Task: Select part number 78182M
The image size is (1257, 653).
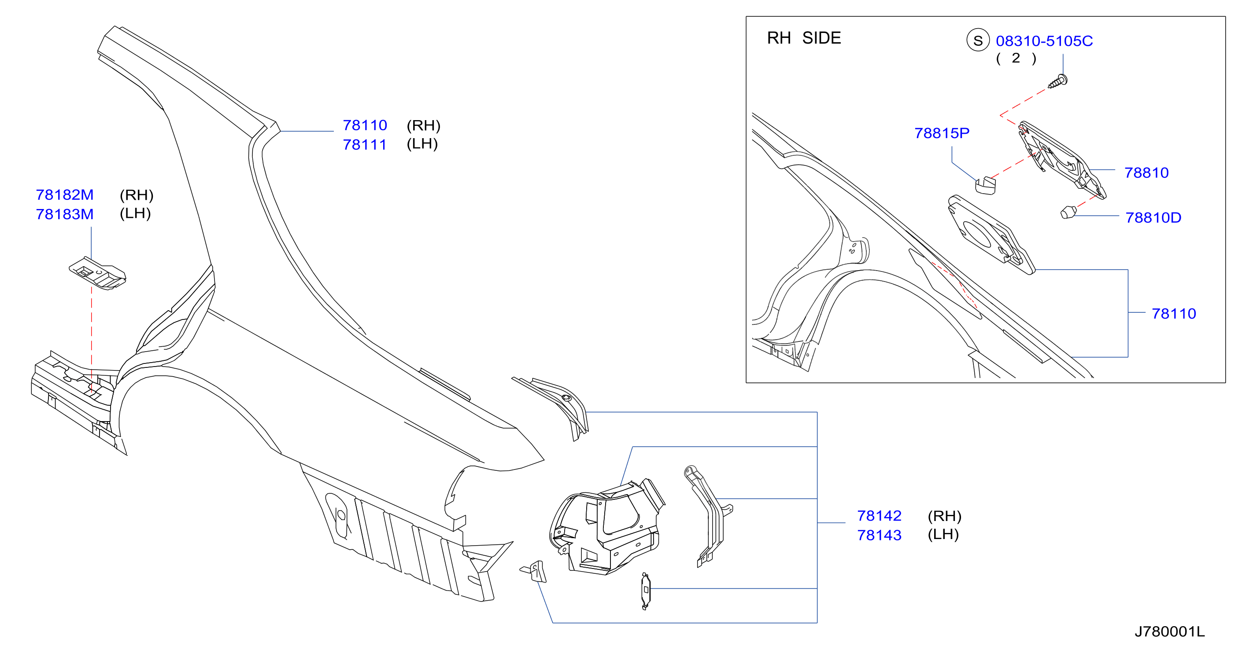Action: click(64, 195)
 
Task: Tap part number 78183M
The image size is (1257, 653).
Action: click(64, 214)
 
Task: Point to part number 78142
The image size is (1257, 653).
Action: click(879, 516)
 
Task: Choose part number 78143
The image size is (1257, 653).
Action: click(879, 536)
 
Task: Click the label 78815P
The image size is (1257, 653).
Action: click(942, 133)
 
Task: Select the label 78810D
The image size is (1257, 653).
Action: click(1153, 217)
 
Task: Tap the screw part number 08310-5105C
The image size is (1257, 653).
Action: click(1044, 41)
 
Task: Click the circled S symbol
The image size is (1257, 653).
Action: click(978, 40)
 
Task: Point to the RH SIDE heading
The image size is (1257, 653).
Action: click(804, 38)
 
